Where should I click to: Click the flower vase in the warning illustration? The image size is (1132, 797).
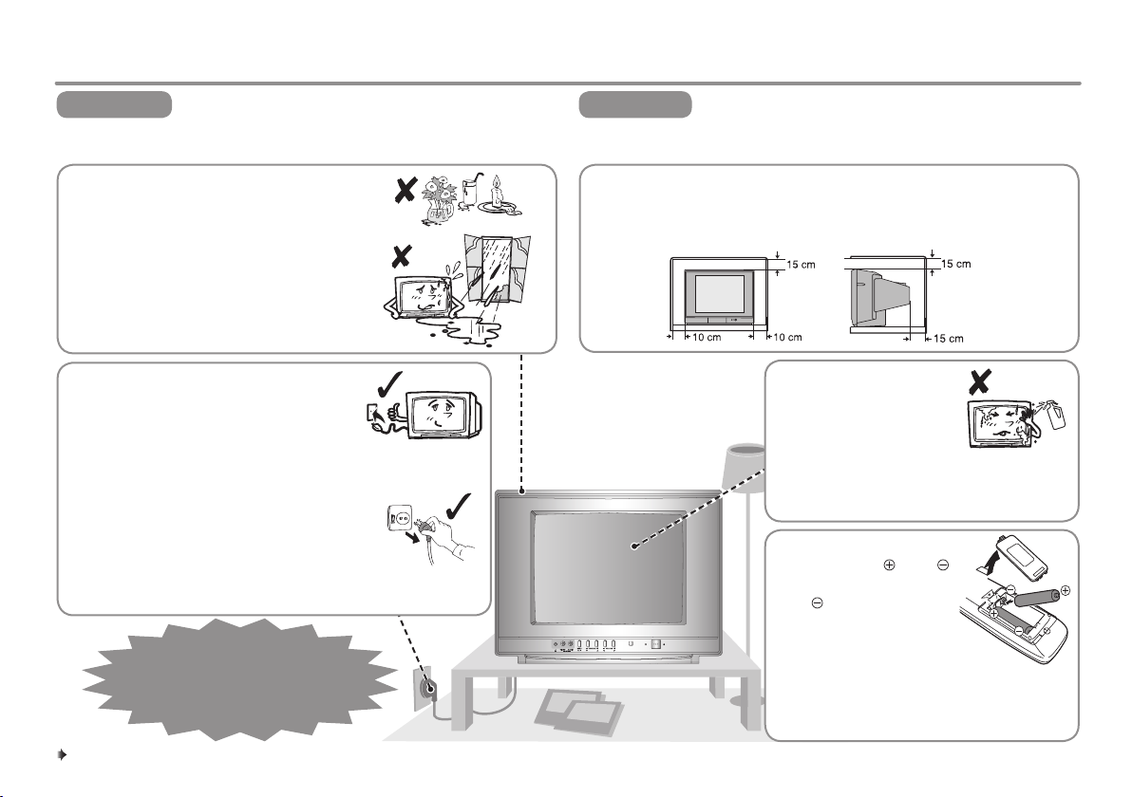coord(438,199)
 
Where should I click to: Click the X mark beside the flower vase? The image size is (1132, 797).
coord(405,190)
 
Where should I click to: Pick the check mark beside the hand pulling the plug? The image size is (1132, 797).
coord(459,507)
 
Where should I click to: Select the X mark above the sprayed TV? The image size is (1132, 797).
coord(979,381)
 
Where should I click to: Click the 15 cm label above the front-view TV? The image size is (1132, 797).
coord(801,265)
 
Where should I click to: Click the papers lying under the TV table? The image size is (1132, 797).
coord(577,711)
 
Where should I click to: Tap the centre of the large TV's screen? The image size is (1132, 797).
coord(609,567)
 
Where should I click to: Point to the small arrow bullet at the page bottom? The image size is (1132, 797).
coord(62,755)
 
